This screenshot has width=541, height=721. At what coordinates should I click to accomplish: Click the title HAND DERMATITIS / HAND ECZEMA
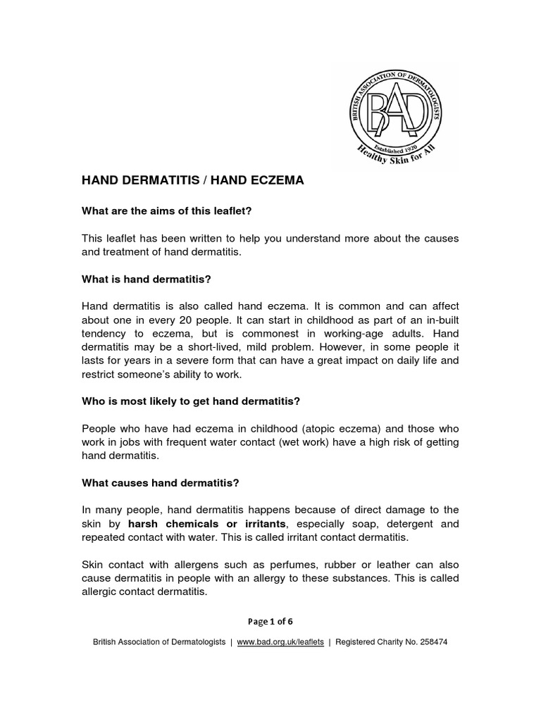[x=192, y=180]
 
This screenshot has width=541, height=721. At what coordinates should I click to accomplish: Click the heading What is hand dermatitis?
[x=147, y=279]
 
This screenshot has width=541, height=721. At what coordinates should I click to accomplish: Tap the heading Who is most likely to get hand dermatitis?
[x=191, y=401]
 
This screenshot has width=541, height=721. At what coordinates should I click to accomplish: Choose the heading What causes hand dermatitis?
[x=161, y=483]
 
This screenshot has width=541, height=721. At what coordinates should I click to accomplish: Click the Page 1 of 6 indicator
[x=270, y=621]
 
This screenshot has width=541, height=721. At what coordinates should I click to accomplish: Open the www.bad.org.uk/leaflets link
[x=280, y=642]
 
